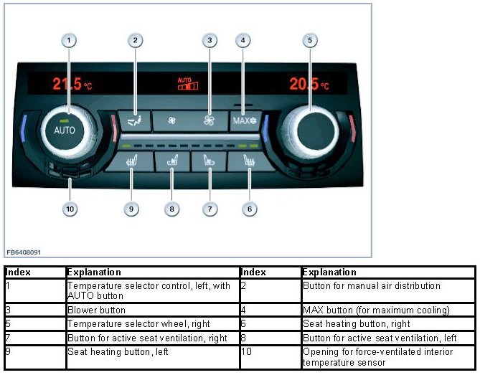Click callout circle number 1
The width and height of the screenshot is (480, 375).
click(69, 41)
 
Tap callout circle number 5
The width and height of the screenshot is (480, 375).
click(310, 41)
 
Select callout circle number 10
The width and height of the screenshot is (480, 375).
click(70, 209)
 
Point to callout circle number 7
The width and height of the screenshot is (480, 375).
click(210, 209)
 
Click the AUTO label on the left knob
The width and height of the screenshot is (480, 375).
click(65, 130)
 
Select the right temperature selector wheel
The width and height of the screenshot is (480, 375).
click(310, 128)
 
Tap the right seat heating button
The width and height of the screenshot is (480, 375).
click(248, 161)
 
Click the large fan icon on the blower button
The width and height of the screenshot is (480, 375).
click(210, 121)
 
